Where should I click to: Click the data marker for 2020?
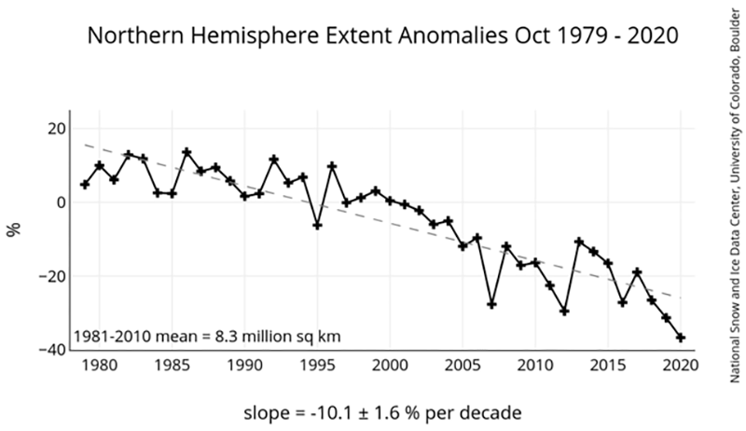[x=681, y=337]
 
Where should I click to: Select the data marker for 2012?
[x=564, y=311]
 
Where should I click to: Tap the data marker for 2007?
[x=491, y=304]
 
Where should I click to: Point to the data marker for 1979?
[x=85, y=185]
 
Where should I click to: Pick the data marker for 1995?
[x=317, y=225]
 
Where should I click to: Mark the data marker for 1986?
[x=186, y=152]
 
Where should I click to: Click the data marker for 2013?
[x=579, y=242]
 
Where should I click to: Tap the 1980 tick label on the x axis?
[x=99, y=365]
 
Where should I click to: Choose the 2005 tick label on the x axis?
[x=463, y=365]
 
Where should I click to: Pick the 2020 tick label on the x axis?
[x=681, y=365]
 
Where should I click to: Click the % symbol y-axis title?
[x=14, y=229]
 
